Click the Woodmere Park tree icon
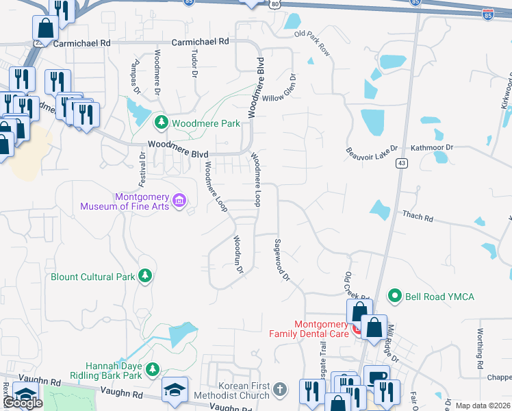click(x=161, y=123)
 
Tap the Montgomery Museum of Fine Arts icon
click(x=179, y=200)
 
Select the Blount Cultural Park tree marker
click(x=144, y=276)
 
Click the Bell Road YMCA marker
click(x=394, y=296)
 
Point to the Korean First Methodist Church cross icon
click(x=279, y=390)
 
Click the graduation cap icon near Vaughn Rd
click(x=175, y=389)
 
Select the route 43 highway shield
click(x=402, y=162)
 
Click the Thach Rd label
click(x=418, y=217)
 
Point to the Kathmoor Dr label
click(x=431, y=147)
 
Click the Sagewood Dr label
click(x=282, y=260)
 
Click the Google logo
click(x=23, y=403)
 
